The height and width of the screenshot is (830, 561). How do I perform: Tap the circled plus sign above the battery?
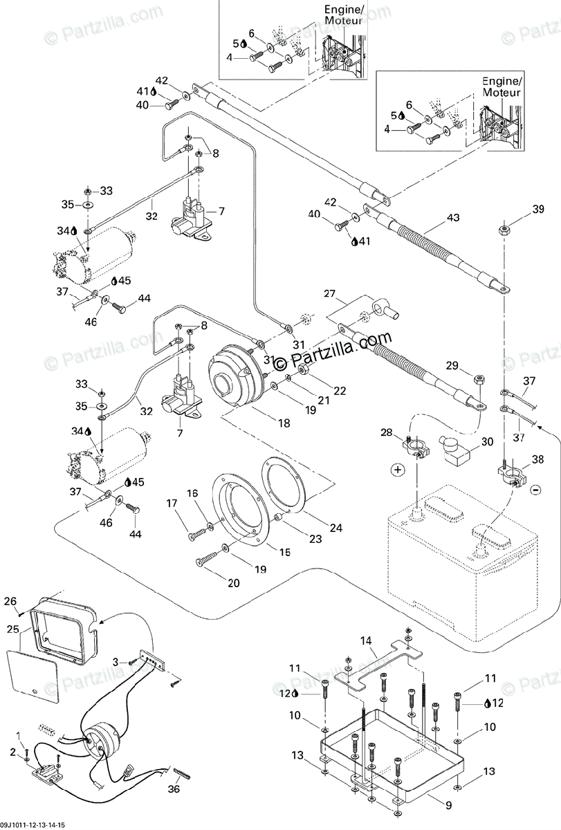pos(397,470)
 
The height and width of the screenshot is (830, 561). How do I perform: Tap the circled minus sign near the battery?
pos(535,490)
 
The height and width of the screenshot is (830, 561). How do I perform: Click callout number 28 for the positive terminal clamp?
pos(387,432)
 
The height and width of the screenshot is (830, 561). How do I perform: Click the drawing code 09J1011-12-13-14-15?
pos(33,825)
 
